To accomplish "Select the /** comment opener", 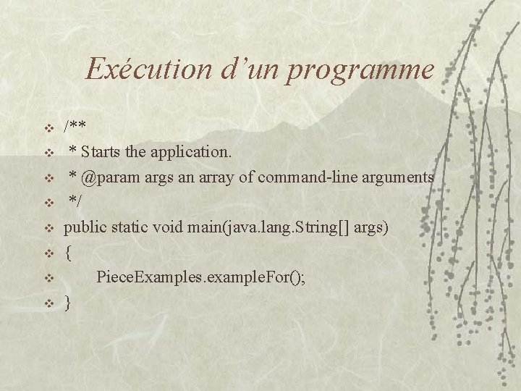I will pyautogui.click(x=75, y=127).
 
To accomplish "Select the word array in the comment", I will pyautogui.click(x=204, y=177).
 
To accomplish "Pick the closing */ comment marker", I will pyautogui.click(x=75, y=202).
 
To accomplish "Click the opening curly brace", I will pyautogui.click(x=68, y=253).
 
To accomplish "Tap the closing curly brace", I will pyautogui.click(x=68, y=303).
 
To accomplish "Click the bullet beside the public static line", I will pyautogui.click(x=48, y=229).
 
